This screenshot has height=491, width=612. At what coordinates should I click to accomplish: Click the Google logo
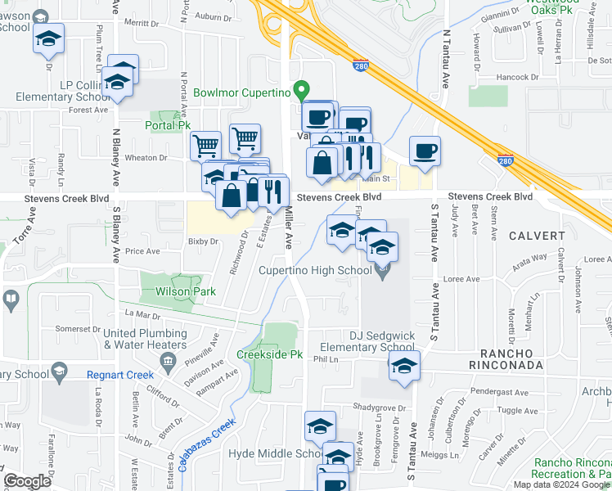click(27, 481)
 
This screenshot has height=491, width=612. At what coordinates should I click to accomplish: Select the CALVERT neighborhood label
click(537, 236)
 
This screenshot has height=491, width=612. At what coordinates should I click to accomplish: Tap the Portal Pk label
click(168, 126)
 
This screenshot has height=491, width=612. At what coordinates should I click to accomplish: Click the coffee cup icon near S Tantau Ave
click(425, 151)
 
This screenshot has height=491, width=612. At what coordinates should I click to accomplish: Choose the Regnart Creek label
click(120, 375)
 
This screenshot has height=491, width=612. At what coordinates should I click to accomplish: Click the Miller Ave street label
click(289, 227)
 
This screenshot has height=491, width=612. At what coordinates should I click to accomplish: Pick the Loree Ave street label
click(461, 279)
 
